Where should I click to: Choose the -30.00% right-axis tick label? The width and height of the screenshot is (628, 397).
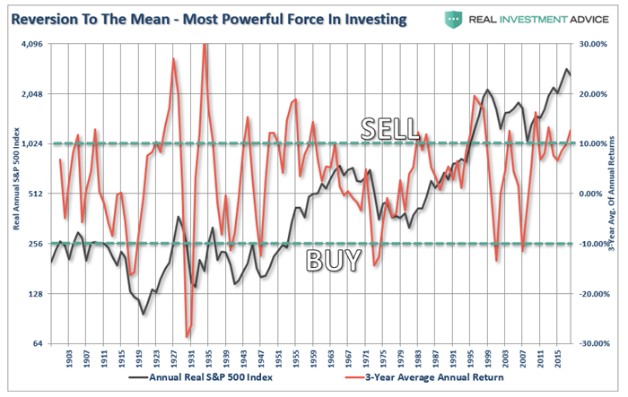[596, 343]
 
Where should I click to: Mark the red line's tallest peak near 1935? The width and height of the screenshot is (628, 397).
[205, 45]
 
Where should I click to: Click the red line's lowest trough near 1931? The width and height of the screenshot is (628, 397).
[187, 337]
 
